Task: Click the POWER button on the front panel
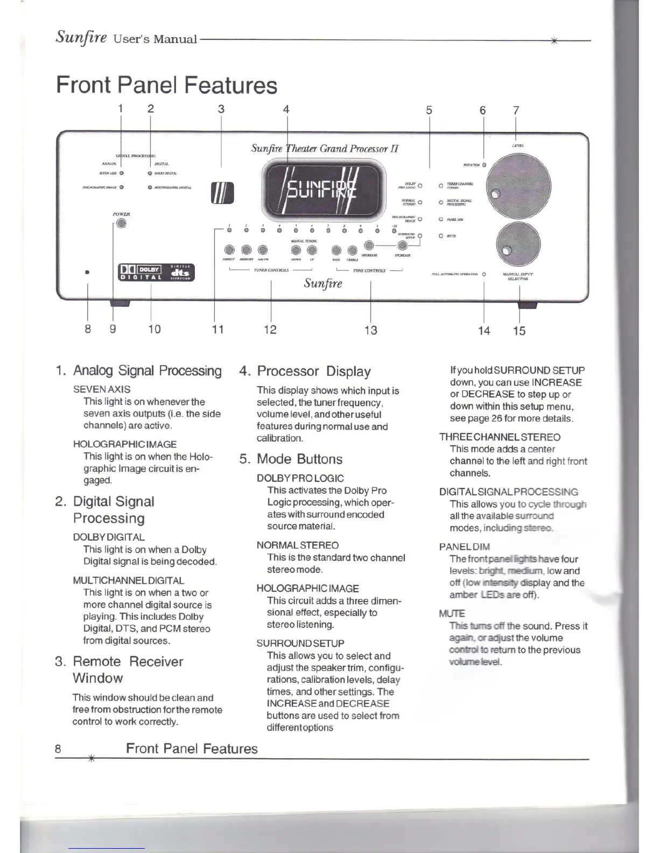(121, 223)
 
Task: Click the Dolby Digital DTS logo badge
(156, 272)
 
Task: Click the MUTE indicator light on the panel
(441, 236)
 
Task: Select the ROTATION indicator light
(484, 164)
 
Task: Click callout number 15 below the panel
(519, 330)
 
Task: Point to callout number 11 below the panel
(218, 329)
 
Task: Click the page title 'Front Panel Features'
(167, 85)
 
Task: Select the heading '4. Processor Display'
(305, 371)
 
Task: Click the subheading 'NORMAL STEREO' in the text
(298, 545)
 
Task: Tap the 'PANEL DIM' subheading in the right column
(465, 547)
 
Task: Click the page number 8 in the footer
(58, 749)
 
